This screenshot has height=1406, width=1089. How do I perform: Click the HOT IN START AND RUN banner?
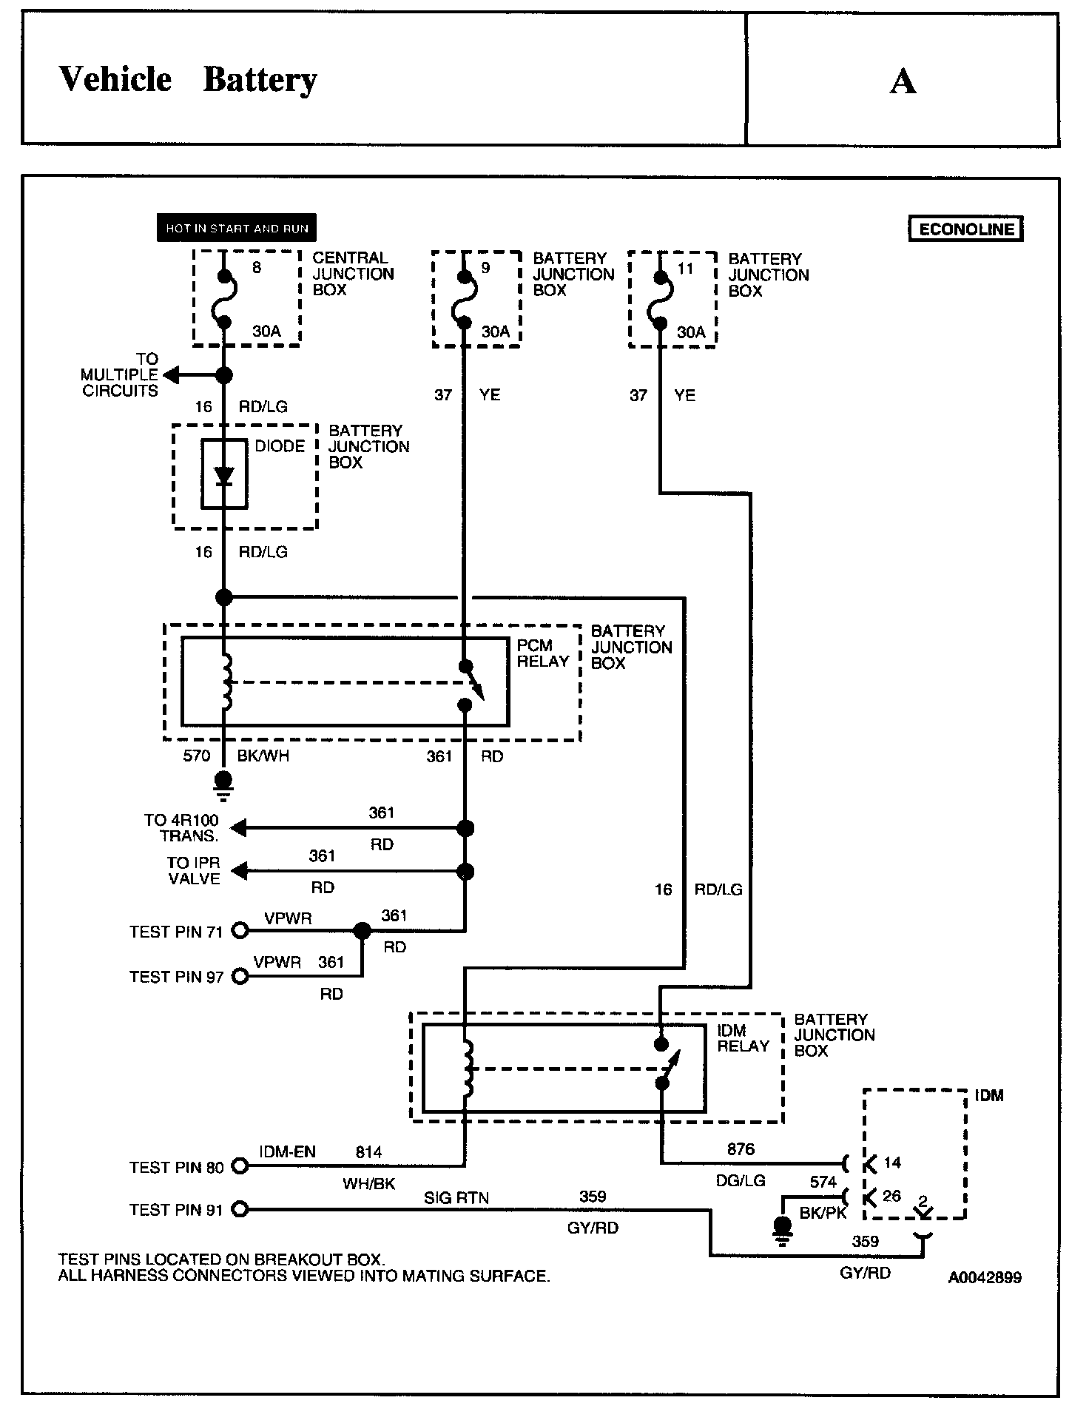237,228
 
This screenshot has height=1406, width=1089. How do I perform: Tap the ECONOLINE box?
966,229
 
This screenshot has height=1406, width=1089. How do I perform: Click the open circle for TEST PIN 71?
240,930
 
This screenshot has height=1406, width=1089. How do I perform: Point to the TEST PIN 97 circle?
240,976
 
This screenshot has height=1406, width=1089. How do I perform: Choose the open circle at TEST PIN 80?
240,1166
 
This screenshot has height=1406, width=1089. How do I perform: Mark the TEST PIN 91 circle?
240,1209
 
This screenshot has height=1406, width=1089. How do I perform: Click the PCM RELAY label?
542,653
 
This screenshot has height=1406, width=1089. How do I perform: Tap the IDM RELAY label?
744,1038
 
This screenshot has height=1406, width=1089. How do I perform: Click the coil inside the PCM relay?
226,681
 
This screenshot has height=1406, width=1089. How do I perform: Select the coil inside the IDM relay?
468,1068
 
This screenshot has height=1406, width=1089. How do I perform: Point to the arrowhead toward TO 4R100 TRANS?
237,828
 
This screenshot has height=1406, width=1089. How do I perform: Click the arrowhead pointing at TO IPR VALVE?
237,871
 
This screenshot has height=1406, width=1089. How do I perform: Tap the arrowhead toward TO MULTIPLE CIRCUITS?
170,375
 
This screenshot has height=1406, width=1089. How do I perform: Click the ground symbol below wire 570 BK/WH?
223,786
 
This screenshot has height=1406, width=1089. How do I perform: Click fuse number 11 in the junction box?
686,268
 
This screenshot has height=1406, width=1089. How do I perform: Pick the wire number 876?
741,1148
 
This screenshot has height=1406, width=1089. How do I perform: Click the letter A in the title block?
903,81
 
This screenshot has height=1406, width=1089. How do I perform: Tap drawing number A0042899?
985,1277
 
